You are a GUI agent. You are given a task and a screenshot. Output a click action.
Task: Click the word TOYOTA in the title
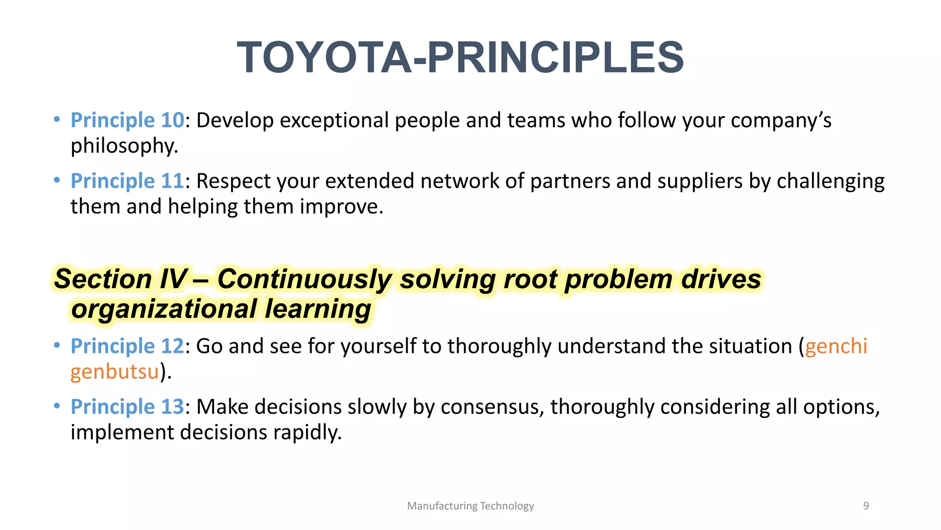(x=324, y=58)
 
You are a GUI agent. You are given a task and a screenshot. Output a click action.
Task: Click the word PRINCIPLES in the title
(x=556, y=58)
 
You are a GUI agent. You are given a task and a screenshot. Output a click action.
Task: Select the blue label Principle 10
(x=127, y=121)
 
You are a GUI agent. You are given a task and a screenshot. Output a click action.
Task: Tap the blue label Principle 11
(x=127, y=181)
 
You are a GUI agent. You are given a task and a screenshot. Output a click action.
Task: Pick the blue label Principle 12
(x=127, y=346)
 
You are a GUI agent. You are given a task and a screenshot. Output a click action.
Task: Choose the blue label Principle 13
(x=127, y=407)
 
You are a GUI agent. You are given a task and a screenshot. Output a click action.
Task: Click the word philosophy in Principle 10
(x=124, y=146)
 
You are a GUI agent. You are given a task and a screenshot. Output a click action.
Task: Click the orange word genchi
(x=836, y=346)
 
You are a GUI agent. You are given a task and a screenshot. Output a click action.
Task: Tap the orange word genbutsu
(x=115, y=372)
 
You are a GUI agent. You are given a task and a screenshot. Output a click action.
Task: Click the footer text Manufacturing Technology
(x=470, y=506)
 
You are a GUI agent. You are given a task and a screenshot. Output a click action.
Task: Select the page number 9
(x=866, y=506)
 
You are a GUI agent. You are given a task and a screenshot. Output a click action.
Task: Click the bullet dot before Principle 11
(x=57, y=180)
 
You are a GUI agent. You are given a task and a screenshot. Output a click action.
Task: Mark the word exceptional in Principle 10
(x=334, y=121)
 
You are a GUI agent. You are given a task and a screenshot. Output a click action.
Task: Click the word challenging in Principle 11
(x=830, y=181)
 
